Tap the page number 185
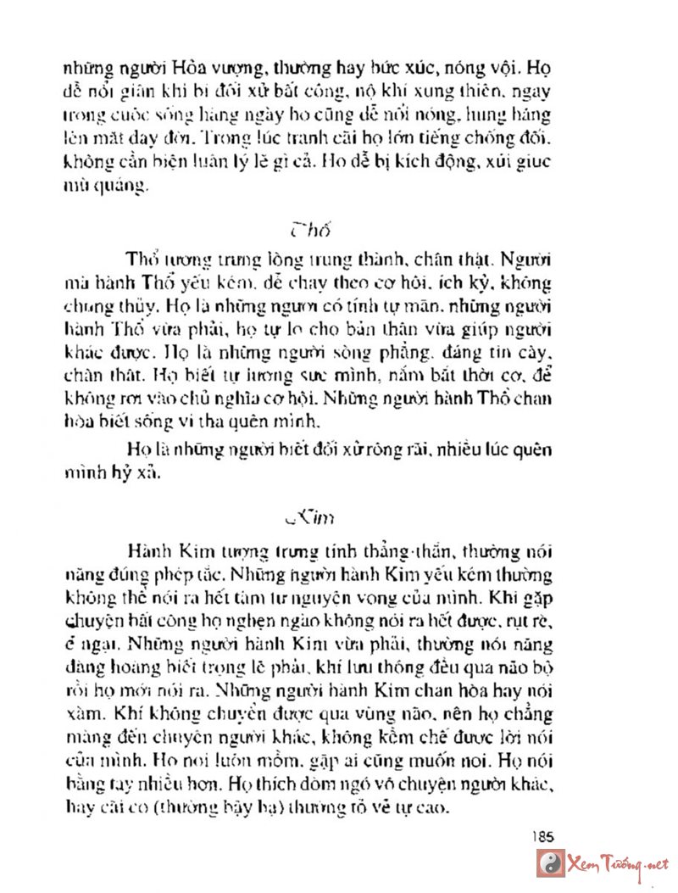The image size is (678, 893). click(x=544, y=834)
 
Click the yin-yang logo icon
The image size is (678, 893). click(x=550, y=863)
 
